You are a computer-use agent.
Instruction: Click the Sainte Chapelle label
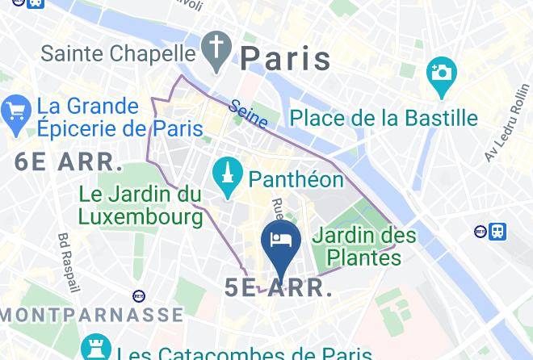click(x=119, y=53)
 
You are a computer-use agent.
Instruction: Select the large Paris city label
click(x=286, y=58)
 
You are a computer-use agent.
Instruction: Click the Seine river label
click(x=248, y=114)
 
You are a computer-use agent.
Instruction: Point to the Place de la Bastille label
click(x=384, y=118)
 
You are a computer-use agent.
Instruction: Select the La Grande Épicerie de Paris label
click(x=120, y=117)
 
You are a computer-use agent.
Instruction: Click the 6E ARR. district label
click(x=69, y=161)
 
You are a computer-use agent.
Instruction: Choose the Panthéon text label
click(x=296, y=178)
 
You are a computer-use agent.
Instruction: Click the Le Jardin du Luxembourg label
click(x=141, y=205)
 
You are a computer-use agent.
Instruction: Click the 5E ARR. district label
click(x=279, y=288)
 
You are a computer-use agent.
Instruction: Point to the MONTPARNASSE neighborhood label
click(x=91, y=314)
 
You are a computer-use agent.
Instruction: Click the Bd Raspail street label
click(x=67, y=262)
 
